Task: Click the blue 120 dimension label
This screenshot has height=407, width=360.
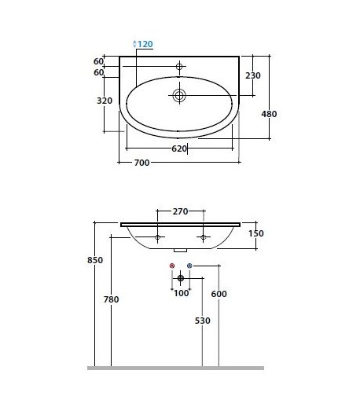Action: [145, 44]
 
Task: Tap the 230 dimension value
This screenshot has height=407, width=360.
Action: [253, 75]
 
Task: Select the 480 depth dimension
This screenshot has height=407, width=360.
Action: [269, 114]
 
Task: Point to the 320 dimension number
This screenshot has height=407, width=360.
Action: [105, 101]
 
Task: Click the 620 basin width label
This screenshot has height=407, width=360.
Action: [179, 148]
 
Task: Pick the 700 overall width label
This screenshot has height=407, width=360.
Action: [141, 163]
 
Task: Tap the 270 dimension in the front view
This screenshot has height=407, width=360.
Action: [180, 211]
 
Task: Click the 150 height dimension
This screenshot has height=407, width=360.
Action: [256, 233]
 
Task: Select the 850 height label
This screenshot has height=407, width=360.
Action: [95, 260]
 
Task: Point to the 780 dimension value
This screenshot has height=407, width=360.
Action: [111, 299]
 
